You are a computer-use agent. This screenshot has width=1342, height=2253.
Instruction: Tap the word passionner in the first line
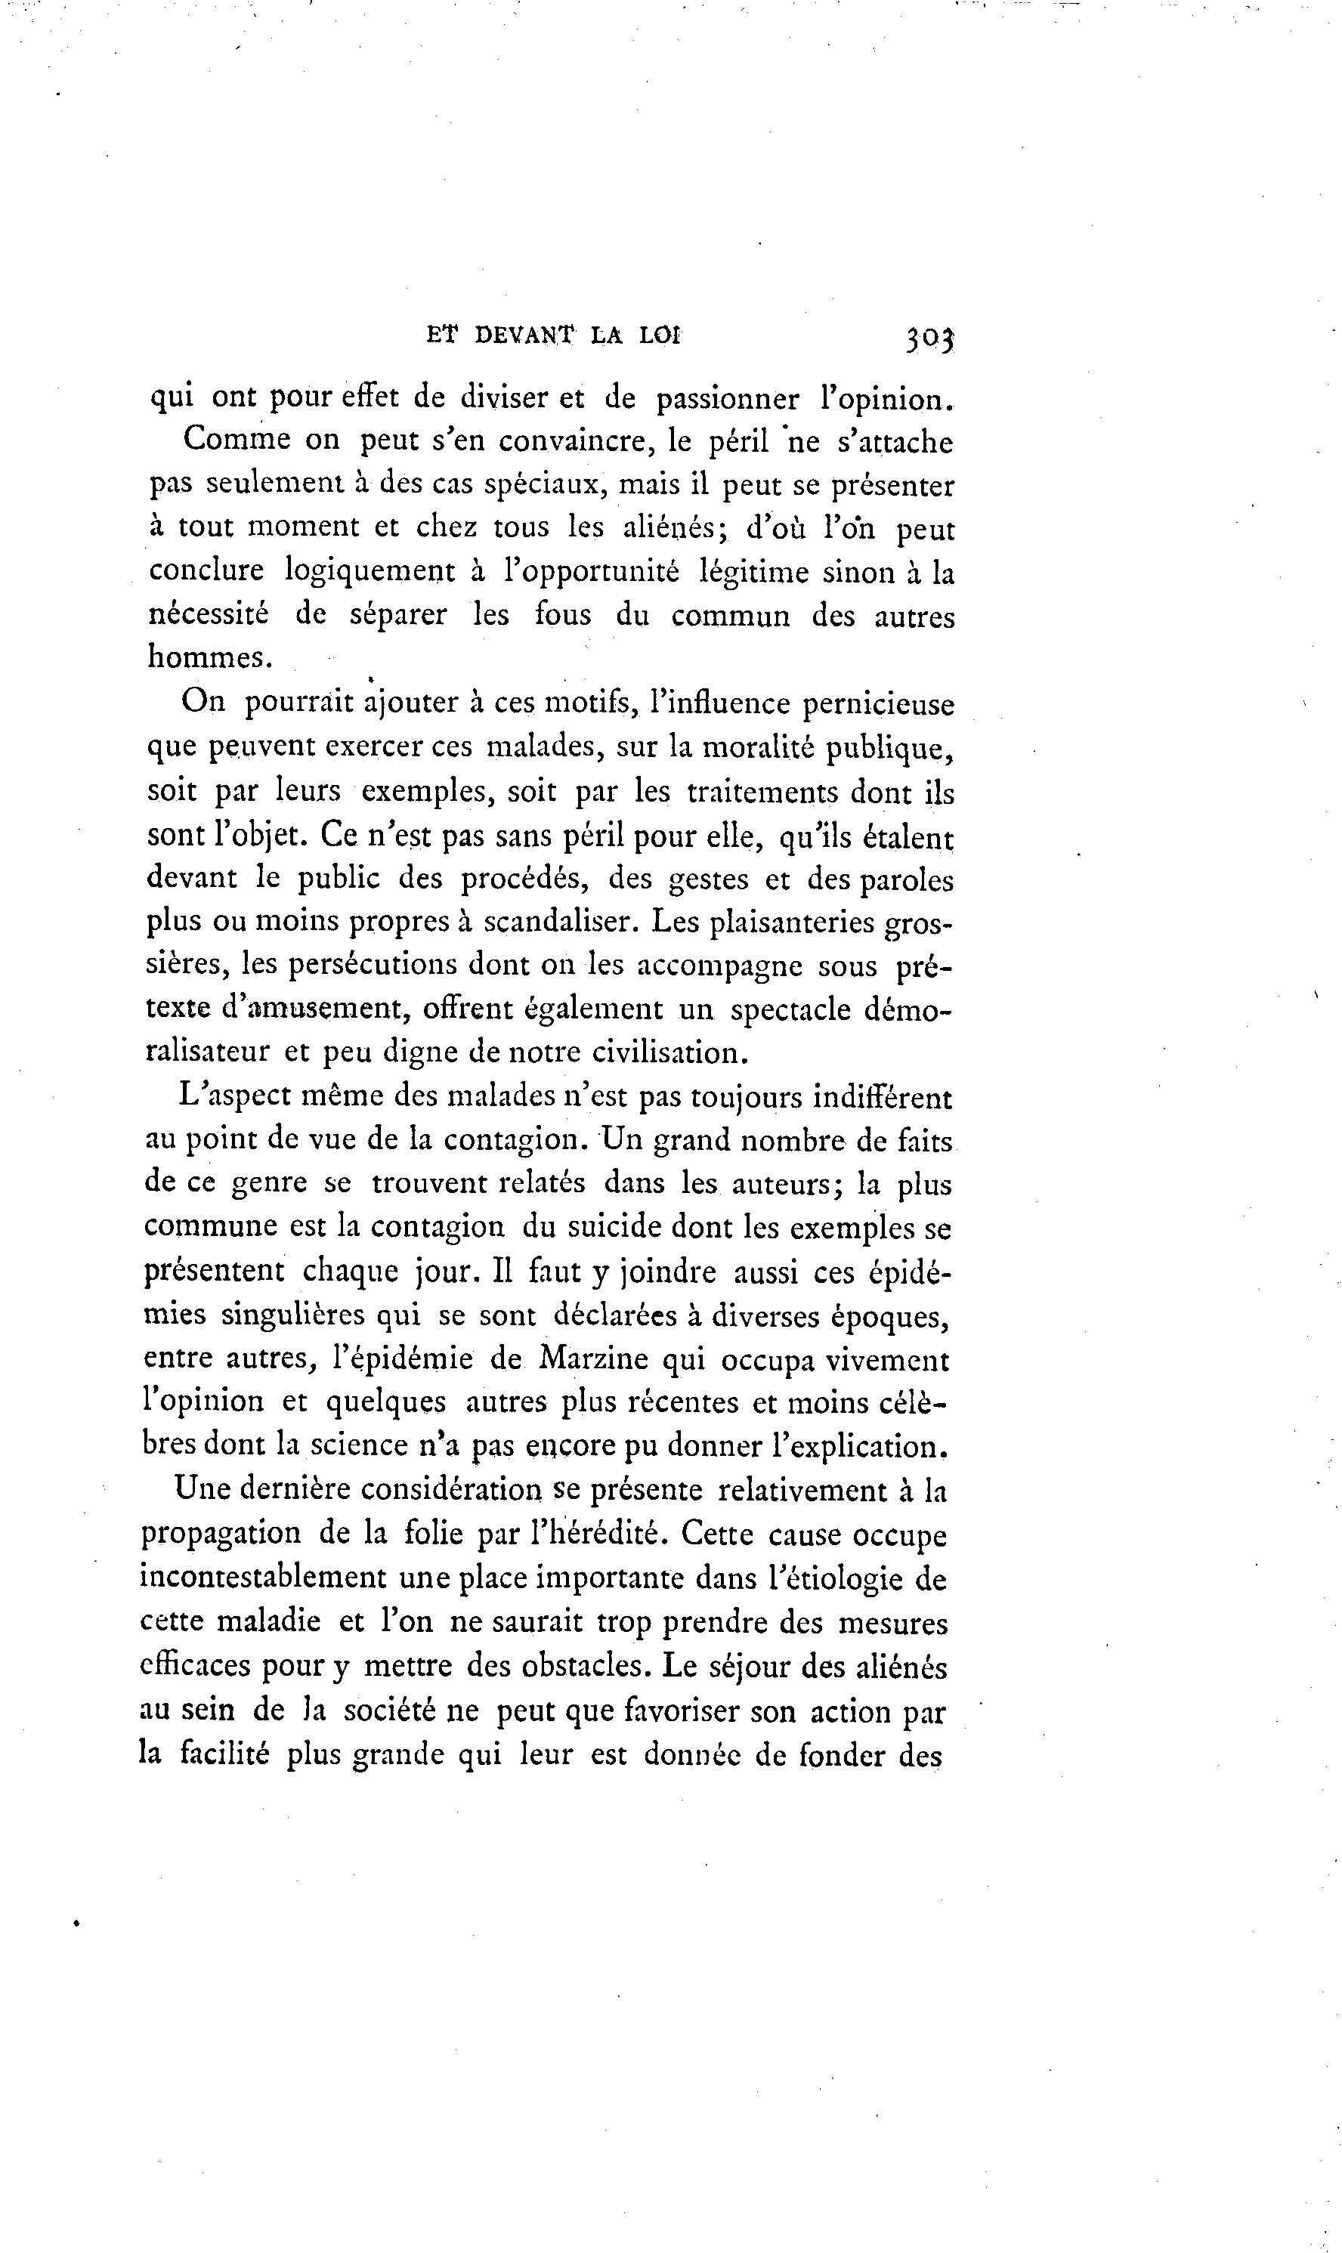click(728, 399)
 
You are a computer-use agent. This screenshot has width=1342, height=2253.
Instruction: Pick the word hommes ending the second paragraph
click(209, 657)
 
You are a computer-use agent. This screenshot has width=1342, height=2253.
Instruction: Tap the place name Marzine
click(594, 1360)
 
